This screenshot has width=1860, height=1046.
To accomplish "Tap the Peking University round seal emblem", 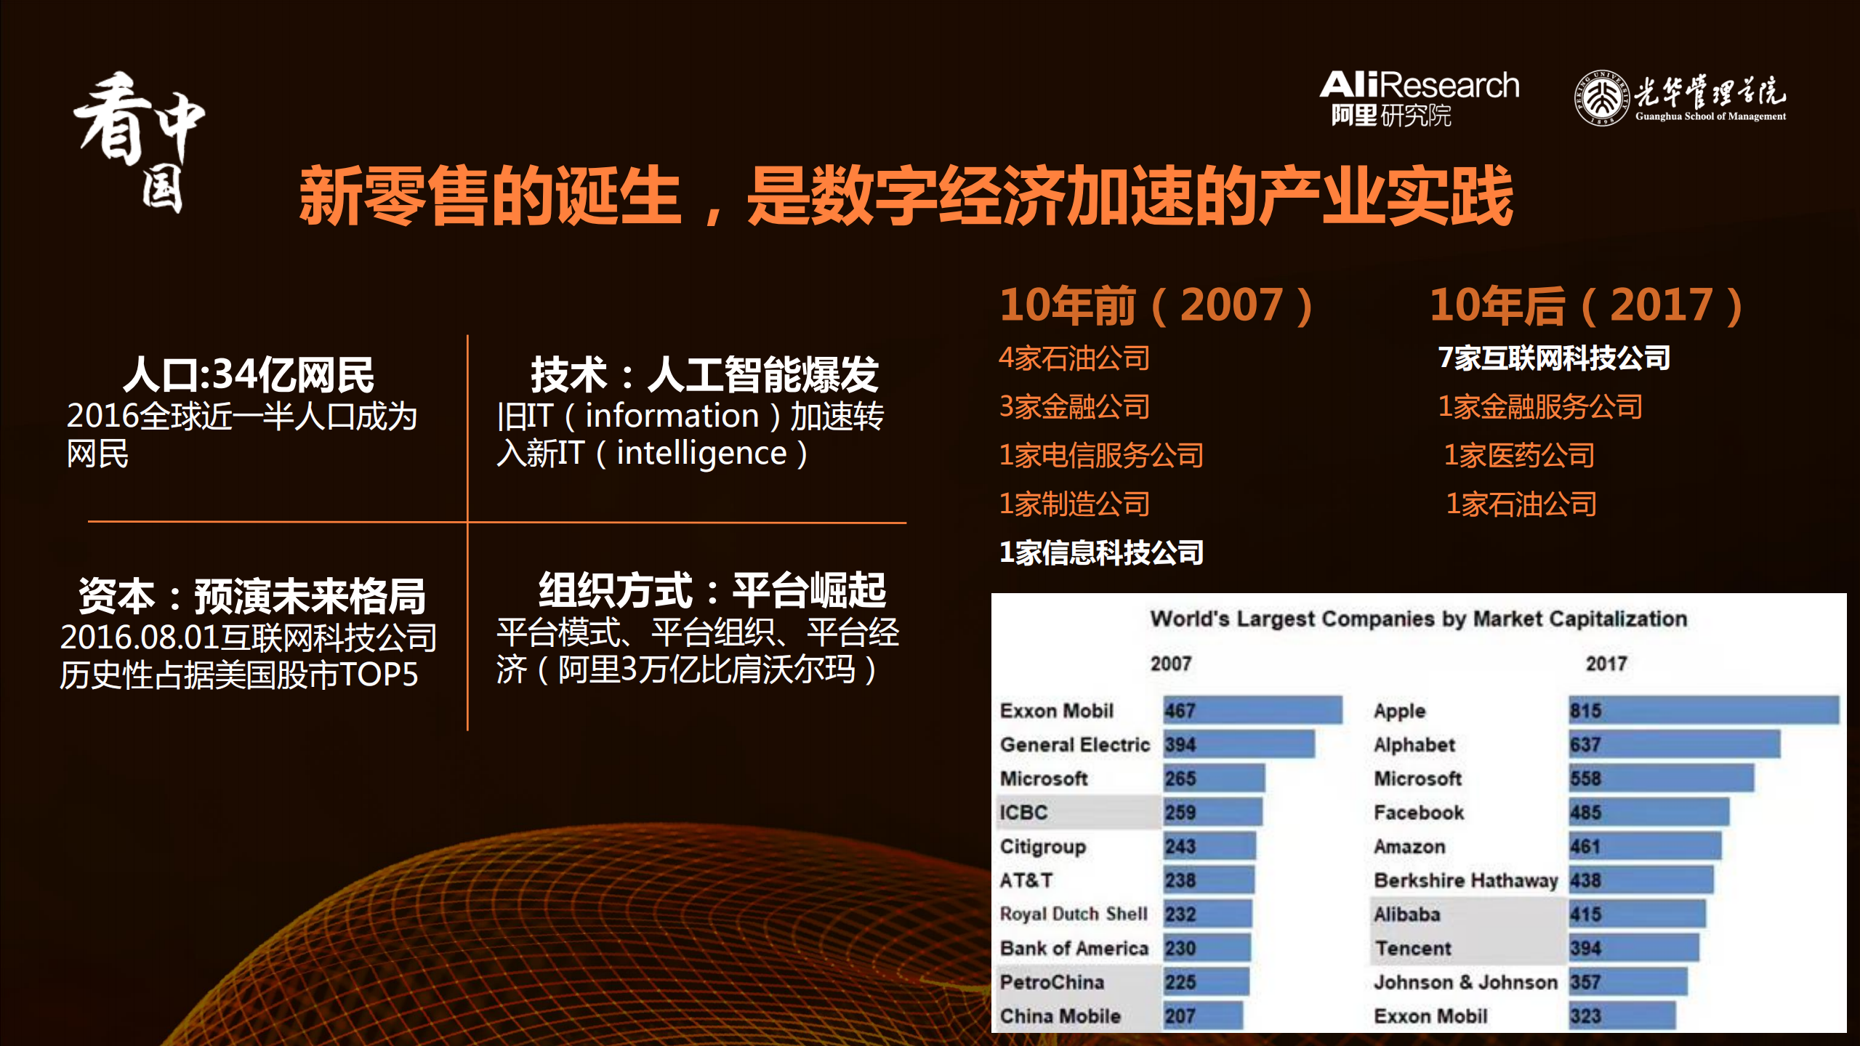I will [1601, 98].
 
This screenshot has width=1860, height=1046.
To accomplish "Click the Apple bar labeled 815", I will [1703, 710].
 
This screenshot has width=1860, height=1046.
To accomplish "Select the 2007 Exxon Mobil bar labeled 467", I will [1252, 710].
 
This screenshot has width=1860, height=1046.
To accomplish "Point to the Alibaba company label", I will [1406, 914].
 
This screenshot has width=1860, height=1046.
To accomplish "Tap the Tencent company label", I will [1412, 949].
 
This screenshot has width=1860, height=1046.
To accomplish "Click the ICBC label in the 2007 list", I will [1023, 813].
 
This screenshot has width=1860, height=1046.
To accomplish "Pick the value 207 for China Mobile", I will [1180, 1016].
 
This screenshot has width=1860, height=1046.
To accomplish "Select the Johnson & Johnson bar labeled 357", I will [1627, 982].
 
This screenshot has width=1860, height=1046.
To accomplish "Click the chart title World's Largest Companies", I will [1418, 619].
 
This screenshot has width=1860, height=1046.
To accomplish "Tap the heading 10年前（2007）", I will [1156, 305].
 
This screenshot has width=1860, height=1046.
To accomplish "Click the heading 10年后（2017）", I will [1586, 305].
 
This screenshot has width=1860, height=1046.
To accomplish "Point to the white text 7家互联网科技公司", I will [1554, 358].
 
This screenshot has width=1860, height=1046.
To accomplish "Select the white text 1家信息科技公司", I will [1101, 553].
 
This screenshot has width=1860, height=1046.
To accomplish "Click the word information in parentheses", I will [672, 416].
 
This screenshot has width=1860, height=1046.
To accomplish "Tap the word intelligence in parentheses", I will [701, 454].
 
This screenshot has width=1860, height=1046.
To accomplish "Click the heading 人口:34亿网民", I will [248, 375].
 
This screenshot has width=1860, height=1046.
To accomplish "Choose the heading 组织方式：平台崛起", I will [712, 590].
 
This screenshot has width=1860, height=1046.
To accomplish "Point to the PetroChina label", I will [1052, 982].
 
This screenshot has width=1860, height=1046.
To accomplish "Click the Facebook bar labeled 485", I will [1648, 813].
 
